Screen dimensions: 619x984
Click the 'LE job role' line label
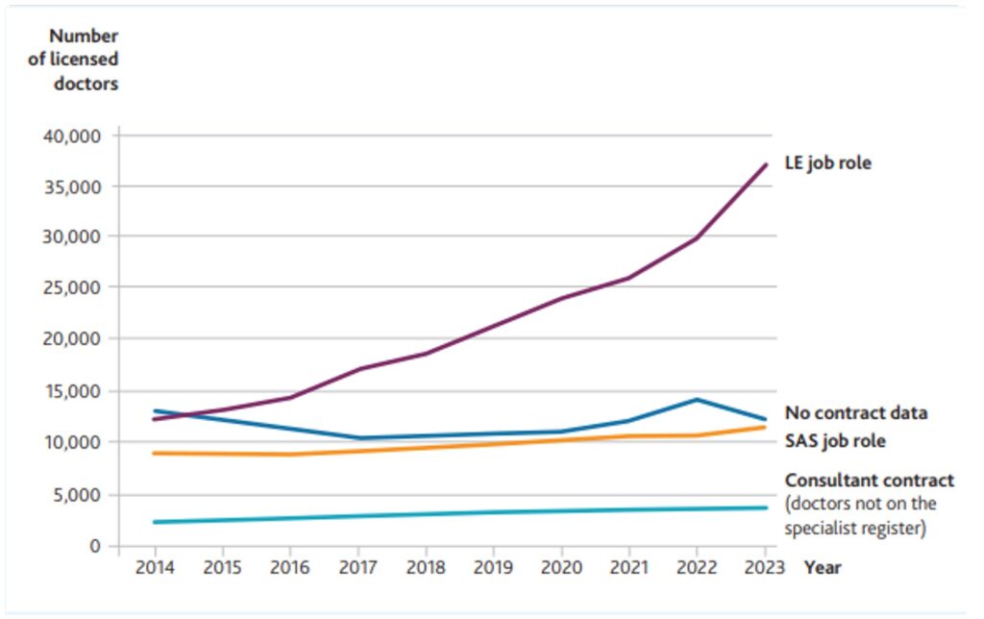[x=827, y=163]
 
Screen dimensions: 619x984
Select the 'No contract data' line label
[x=856, y=413]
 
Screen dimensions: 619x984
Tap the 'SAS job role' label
[x=835, y=442]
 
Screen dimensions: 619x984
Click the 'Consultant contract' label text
[x=870, y=480]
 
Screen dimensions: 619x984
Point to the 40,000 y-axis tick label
[x=73, y=136]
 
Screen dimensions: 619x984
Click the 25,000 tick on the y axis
[x=73, y=287]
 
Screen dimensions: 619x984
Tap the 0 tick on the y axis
[x=94, y=546]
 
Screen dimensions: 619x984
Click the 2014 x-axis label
[x=154, y=567]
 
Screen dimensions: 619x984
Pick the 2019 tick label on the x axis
[x=494, y=567]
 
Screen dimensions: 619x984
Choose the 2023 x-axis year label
[x=766, y=567]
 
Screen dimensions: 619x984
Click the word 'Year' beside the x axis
[x=822, y=567]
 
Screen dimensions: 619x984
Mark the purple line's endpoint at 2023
[x=766, y=164]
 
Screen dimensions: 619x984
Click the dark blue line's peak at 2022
[x=698, y=400]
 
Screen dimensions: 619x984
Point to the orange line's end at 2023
[x=766, y=427]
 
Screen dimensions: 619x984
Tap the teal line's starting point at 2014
[x=154, y=522]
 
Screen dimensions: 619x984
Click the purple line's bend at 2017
[x=358, y=369]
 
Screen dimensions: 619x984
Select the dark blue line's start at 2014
[x=154, y=410]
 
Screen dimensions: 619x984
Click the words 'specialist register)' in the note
[x=855, y=528]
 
